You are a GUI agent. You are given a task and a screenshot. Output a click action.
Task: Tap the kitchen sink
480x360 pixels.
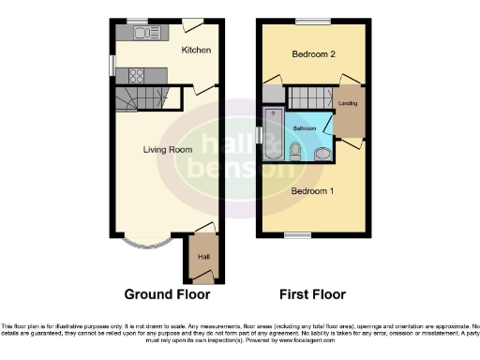pyautogui.click(x=145, y=34)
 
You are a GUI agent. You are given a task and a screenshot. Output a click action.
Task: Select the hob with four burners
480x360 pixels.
pyautogui.click(x=136, y=75)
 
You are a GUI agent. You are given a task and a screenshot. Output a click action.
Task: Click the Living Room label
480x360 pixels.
pyautogui.click(x=168, y=149)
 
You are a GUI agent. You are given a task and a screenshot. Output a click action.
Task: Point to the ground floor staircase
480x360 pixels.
pyautogui.click(x=141, y=97)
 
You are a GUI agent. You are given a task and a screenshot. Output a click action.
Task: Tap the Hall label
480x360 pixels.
pyautogui.click(x=202, y=255)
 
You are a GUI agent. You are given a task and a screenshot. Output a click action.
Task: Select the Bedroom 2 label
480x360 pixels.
pyautogui.click(x=314, y=53)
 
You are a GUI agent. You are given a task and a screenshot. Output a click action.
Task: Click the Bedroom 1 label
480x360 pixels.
pyautogui.click(x=313, y=191)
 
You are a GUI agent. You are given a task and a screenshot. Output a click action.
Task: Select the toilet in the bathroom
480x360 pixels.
pyautogui.click(x=294, y=150)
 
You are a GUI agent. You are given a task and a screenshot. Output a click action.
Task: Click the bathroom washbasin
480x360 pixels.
pyautogui.click(x=322, y=152)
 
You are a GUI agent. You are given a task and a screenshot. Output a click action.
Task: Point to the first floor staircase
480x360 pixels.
pyautogui.click(x=308, y=97)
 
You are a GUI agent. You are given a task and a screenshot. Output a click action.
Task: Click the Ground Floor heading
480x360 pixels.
pyautogui.click(x=168, y=294)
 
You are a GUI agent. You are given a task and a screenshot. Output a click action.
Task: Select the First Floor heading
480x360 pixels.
pyautogui.click(x=314, y=294)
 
